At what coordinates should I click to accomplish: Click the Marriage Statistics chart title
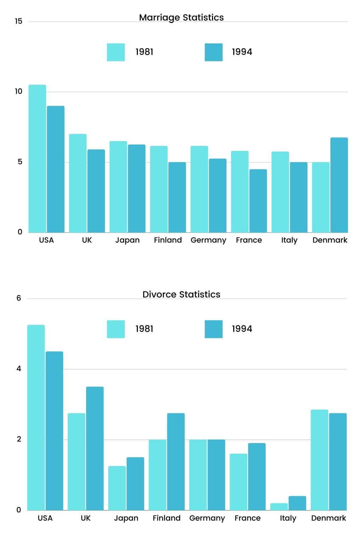coord(181,17)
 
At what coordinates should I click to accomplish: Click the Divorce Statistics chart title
coord(181,294)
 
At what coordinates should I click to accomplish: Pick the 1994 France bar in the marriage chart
coord(258,201)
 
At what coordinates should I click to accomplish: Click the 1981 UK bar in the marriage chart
coord(78,183)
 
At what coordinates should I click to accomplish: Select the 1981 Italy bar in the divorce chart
coord(279,506)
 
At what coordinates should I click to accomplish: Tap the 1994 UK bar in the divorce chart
coord(95,448)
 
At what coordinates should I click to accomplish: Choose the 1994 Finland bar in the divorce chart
coord(176,461)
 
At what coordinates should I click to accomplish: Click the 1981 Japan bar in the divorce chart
coord(117,488)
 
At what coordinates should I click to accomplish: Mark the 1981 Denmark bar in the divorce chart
coord(319,460)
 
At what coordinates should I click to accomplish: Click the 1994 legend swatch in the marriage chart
coord(213,52)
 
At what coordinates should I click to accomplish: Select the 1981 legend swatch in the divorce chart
coord(116,329)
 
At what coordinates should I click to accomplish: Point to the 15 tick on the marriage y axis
coord(18,21)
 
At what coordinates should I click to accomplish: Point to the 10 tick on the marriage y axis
coord(18,91)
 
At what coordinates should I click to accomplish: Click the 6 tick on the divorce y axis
coord(19,298)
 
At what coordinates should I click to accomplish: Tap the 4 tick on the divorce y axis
coord(19,369)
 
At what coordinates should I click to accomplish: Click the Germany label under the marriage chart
coord(208,240)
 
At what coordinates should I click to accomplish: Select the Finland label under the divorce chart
coord(166,518)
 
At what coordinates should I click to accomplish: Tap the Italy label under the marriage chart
coord(289,240)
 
